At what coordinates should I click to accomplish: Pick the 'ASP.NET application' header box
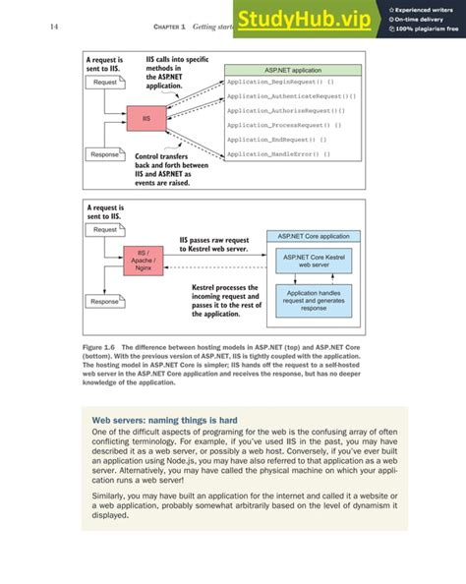293,71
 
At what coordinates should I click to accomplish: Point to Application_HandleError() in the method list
279,154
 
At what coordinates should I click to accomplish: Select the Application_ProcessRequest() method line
285,126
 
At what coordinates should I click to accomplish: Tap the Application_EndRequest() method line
281,141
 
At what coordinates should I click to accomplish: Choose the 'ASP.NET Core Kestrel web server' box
313,260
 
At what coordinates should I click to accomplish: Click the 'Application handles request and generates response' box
313,300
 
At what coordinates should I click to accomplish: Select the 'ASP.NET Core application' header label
313,236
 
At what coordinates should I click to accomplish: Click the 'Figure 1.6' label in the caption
98,349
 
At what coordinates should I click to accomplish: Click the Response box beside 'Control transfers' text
105,154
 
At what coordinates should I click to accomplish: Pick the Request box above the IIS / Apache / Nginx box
105,229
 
